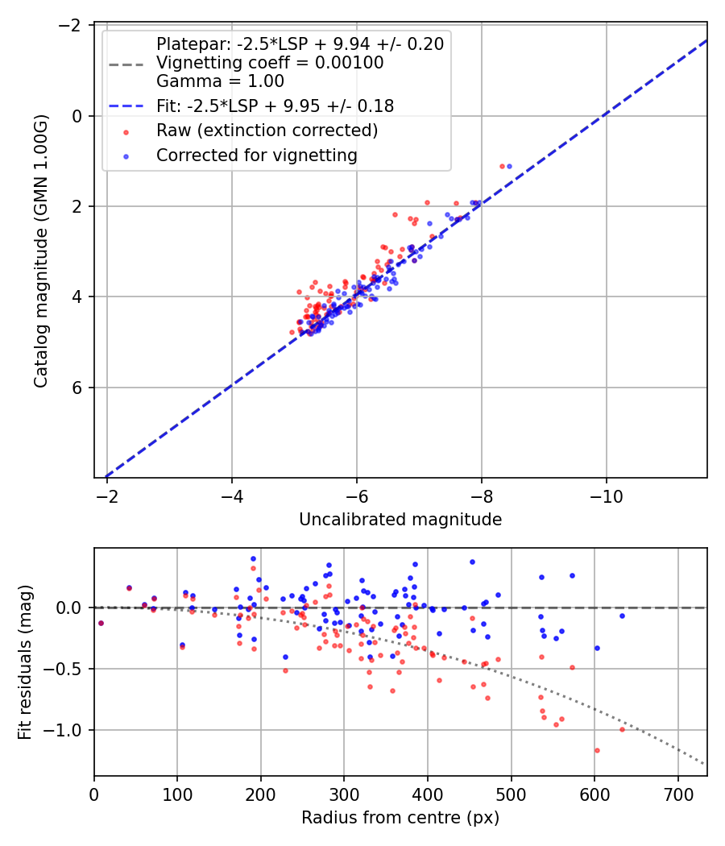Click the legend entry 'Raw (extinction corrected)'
tap(267, 131)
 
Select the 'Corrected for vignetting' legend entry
tap(257, 156)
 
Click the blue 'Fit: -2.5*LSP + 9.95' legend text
tap(275, 106)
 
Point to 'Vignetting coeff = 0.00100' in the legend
tap(270, 63)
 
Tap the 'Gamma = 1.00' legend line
tap(220, 81)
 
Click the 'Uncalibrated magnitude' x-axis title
tap(400, 520)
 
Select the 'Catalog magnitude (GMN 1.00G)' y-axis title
tap(41, 251)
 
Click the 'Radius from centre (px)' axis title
tap(400, 818)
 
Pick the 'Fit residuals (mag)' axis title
tap(25, 662)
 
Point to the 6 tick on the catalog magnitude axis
tap(79, 388)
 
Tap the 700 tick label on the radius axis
tap(677, 795)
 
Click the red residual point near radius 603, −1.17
tap(597, 750)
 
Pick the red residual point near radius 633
tap(622, 729)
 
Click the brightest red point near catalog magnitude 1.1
tap(502, 166)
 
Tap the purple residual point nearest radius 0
tap(101, 623)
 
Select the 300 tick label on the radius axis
tap(344, 795)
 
